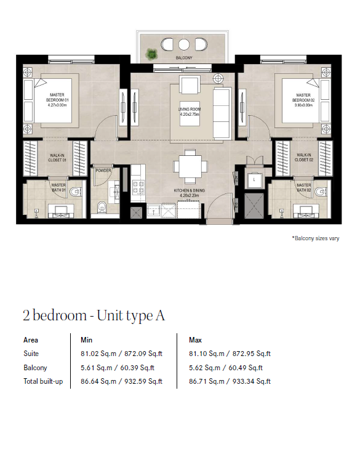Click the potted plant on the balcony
(x=151, y=54)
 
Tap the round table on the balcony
(x=183, y=45)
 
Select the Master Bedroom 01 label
(x=57, y=100)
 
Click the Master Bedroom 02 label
(x=303, y=100)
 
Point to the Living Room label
(x=190, y=111)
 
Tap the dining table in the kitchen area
(x=190, y=166)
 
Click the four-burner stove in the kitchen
(x=138, y=187)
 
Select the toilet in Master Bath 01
(x=76, y=192)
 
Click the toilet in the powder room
(x=102, y=207)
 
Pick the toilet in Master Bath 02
(x=320, y=192)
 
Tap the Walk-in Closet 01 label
(x=57, y=158)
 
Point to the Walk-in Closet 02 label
(x=304, y=157)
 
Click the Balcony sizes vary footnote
(x=316, y=238)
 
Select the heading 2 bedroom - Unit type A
(x=94, y=315)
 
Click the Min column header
(x=86, y=340)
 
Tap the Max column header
(x=195, y=340)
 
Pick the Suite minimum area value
(x=122, y=354)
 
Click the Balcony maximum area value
(x=226, y=368)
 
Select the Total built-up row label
(x=43, y=381)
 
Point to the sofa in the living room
(x=222, y=113)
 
